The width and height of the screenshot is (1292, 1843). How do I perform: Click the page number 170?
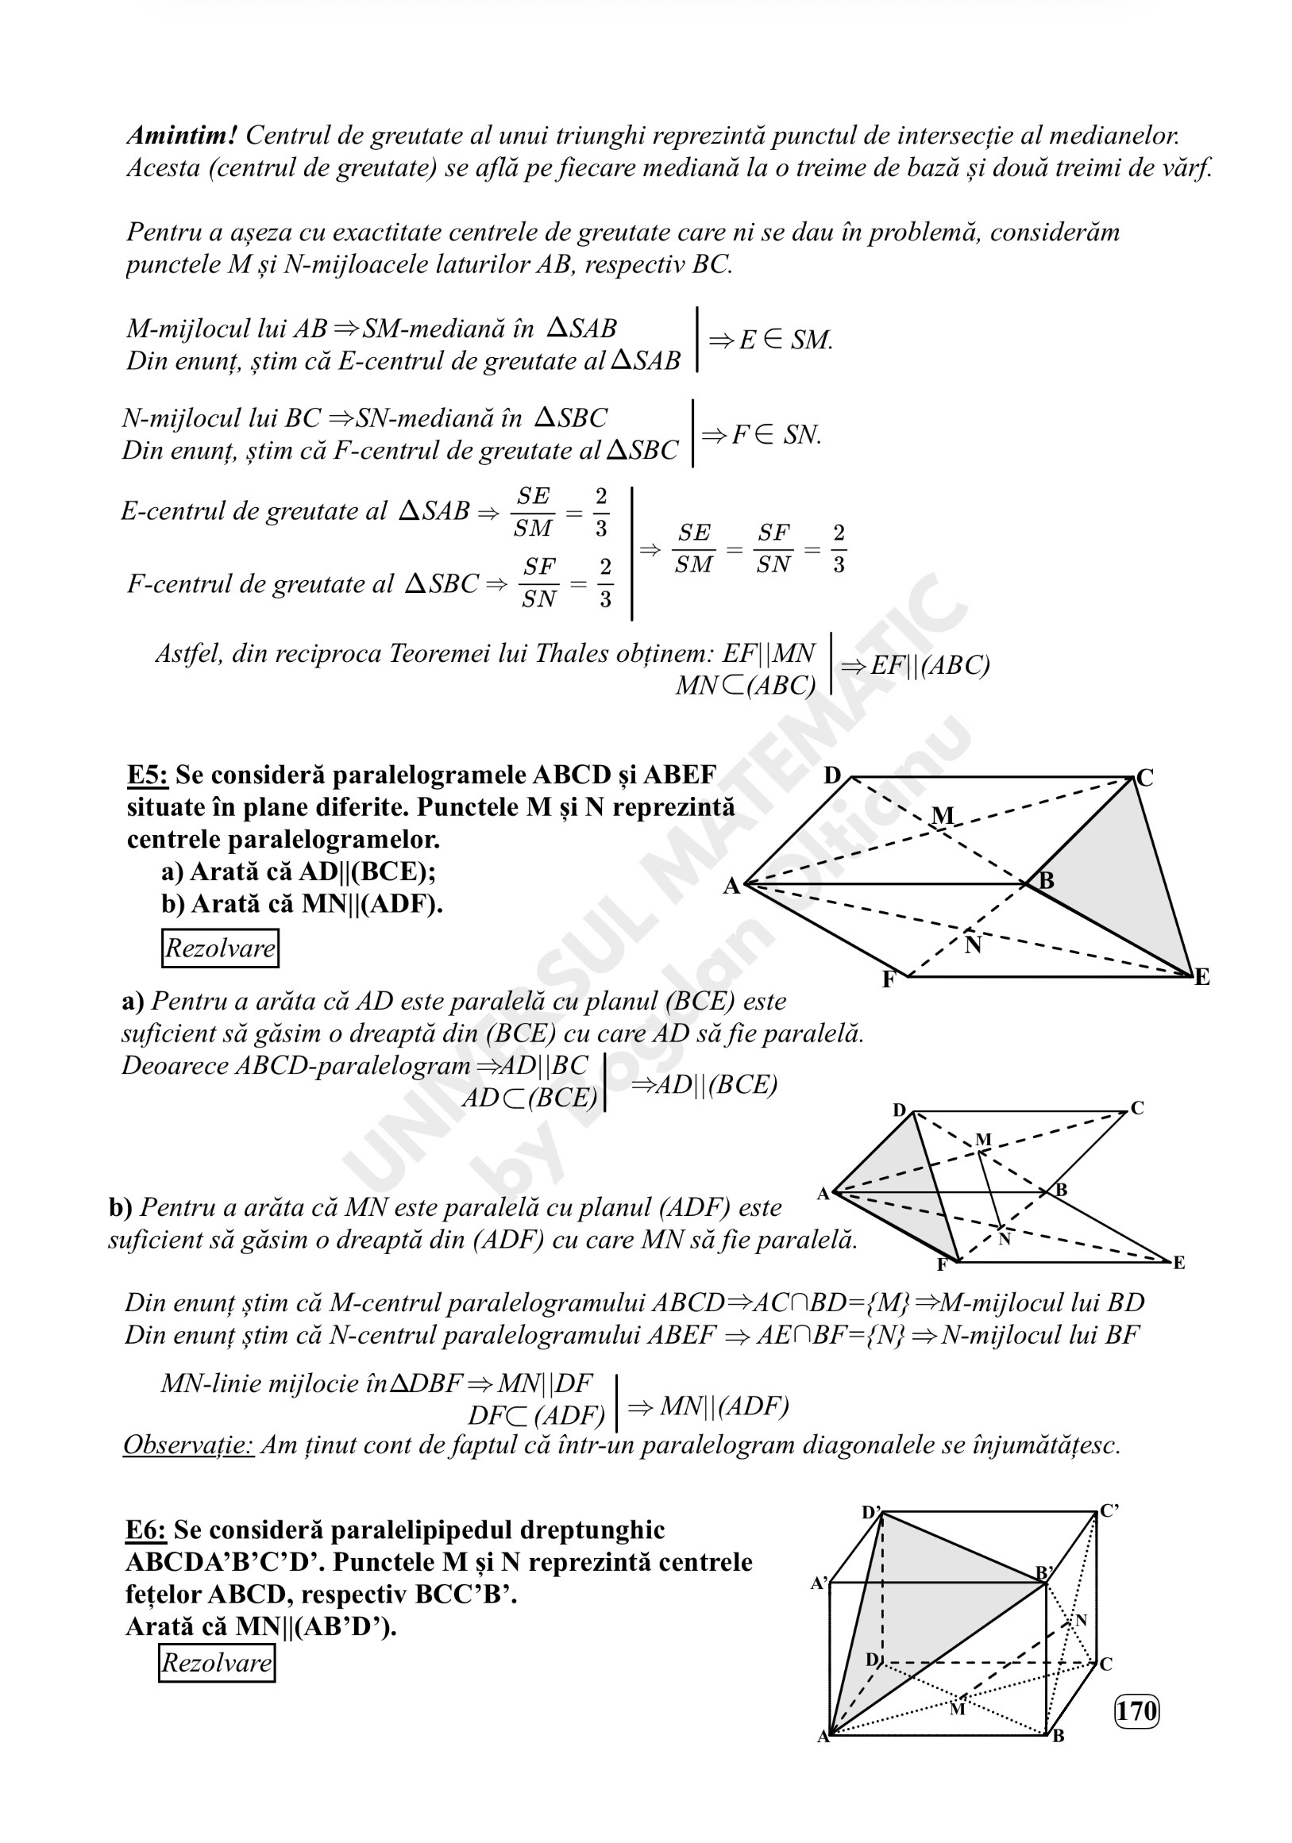[x=1136, y=1710]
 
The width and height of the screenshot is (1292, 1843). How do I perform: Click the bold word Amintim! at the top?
[x=181, y=135]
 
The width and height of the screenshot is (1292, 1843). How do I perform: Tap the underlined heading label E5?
[x=147, y=775]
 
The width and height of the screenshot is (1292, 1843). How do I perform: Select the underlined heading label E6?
[x=145, y=1530]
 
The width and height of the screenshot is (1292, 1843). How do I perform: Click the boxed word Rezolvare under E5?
[x=220, y=948]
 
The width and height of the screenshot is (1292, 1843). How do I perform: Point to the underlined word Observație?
[x=188, y=1445]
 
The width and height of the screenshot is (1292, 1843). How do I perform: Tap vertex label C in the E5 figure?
[x=1145, y=778]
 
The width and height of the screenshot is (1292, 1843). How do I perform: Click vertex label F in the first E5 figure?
[x=888, y=980]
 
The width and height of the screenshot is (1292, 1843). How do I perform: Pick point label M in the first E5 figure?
[x=943, y=816]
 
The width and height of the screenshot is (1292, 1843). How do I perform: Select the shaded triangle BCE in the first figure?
[x=1124, y=875]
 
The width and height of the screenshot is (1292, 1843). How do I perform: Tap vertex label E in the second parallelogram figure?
[x=1178, y=1263]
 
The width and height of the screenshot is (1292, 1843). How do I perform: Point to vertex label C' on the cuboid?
[x=1109, y=1510]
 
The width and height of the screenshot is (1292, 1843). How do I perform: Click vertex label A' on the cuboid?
[x=818, y=1583]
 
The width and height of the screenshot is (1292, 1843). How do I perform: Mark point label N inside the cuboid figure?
[x=1081, y=1620]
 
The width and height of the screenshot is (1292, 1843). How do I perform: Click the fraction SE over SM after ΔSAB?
[x=533, y=511]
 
